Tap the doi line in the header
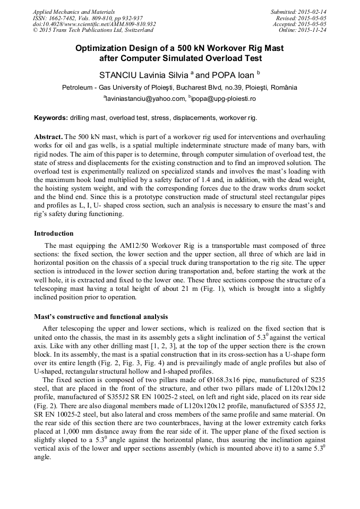point(94,24)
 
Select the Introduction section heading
point(54,233)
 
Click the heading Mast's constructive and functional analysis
point(100,317)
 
